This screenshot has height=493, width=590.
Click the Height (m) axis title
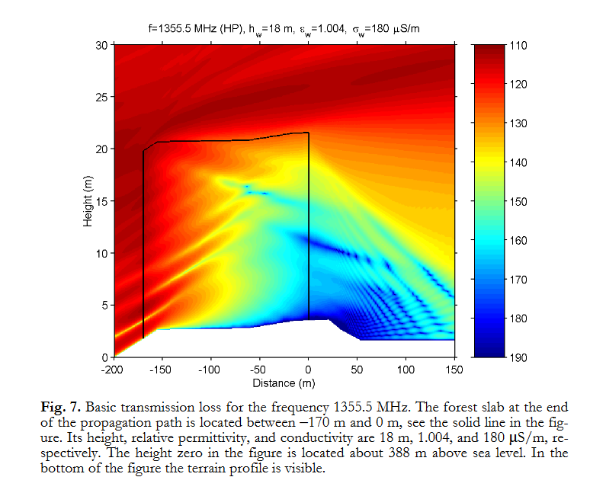(88, 201)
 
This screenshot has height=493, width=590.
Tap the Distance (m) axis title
(284, 381)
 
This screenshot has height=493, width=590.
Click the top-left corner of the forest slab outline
(144, 150)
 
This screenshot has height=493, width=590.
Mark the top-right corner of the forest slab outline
(308, 133)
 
